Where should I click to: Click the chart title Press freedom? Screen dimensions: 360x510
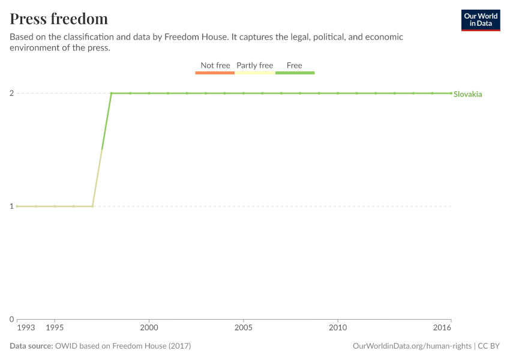tap(59, 19)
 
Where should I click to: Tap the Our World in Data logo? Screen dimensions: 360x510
tap(480, 20)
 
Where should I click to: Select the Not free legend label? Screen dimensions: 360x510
tap(215, 65)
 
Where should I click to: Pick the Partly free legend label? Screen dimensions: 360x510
tap(254, 65)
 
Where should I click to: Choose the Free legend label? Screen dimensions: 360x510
tap(295, 65)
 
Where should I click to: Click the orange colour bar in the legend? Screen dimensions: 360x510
tap(215, 73)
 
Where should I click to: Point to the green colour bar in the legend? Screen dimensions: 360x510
tap(295, 73)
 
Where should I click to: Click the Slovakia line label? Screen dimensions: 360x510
tap(467, 94)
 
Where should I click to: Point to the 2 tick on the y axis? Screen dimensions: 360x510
tap(11, 93)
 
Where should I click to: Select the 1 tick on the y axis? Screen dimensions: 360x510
tap(11, 206)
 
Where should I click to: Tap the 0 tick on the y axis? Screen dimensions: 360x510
tap(11, 319)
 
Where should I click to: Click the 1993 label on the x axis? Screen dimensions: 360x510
tap(26, 328)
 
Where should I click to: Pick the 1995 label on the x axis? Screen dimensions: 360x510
tap(55, 328)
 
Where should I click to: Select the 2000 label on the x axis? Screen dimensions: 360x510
tap(149, 328)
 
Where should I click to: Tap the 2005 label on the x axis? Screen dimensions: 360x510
tap(243, 328)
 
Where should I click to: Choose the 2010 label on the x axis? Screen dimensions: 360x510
tap(338, 328)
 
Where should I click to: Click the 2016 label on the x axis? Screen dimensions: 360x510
tap(442, 328)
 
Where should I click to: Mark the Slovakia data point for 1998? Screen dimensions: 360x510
tap(111, 93)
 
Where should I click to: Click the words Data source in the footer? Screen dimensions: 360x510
tap(31, 346)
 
